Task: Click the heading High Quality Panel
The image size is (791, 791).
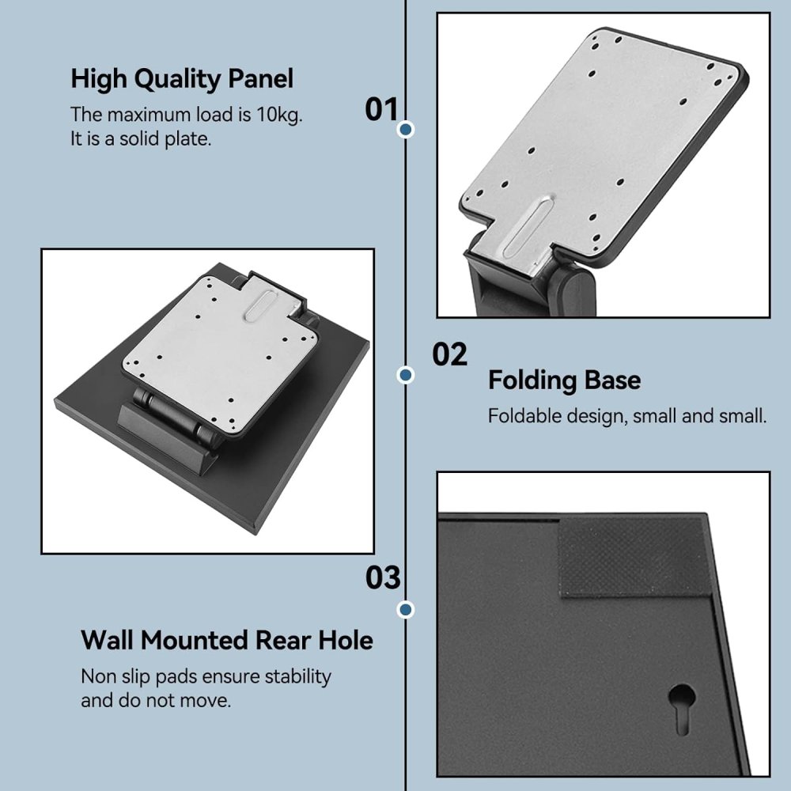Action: [182, 79]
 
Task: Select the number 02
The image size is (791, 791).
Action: [449, 355]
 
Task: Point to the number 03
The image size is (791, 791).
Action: [383, 578]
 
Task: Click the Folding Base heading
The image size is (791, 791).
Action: [564, 380]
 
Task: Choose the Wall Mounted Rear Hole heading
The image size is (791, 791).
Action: [226, 640]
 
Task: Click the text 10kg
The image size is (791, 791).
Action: [279, 115]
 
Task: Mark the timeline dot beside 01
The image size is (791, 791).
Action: [407, 129]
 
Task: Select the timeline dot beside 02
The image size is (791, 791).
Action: [407, 375]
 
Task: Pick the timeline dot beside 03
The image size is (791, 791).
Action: [407, 609]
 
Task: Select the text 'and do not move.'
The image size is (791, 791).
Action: [156, 701]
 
